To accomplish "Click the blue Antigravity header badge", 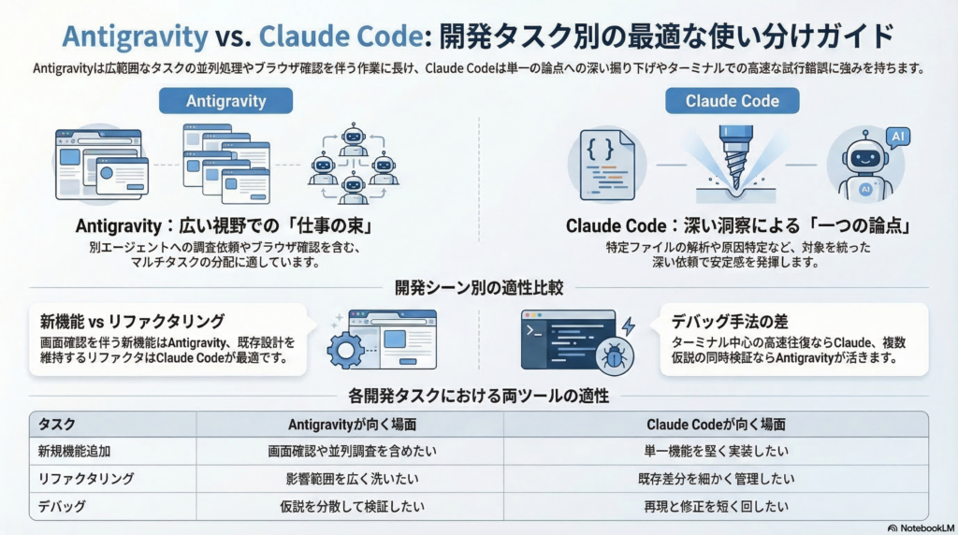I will tap(225, 100).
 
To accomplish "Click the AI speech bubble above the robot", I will tap(898, 138).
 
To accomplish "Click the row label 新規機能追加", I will tap(74, 451).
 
